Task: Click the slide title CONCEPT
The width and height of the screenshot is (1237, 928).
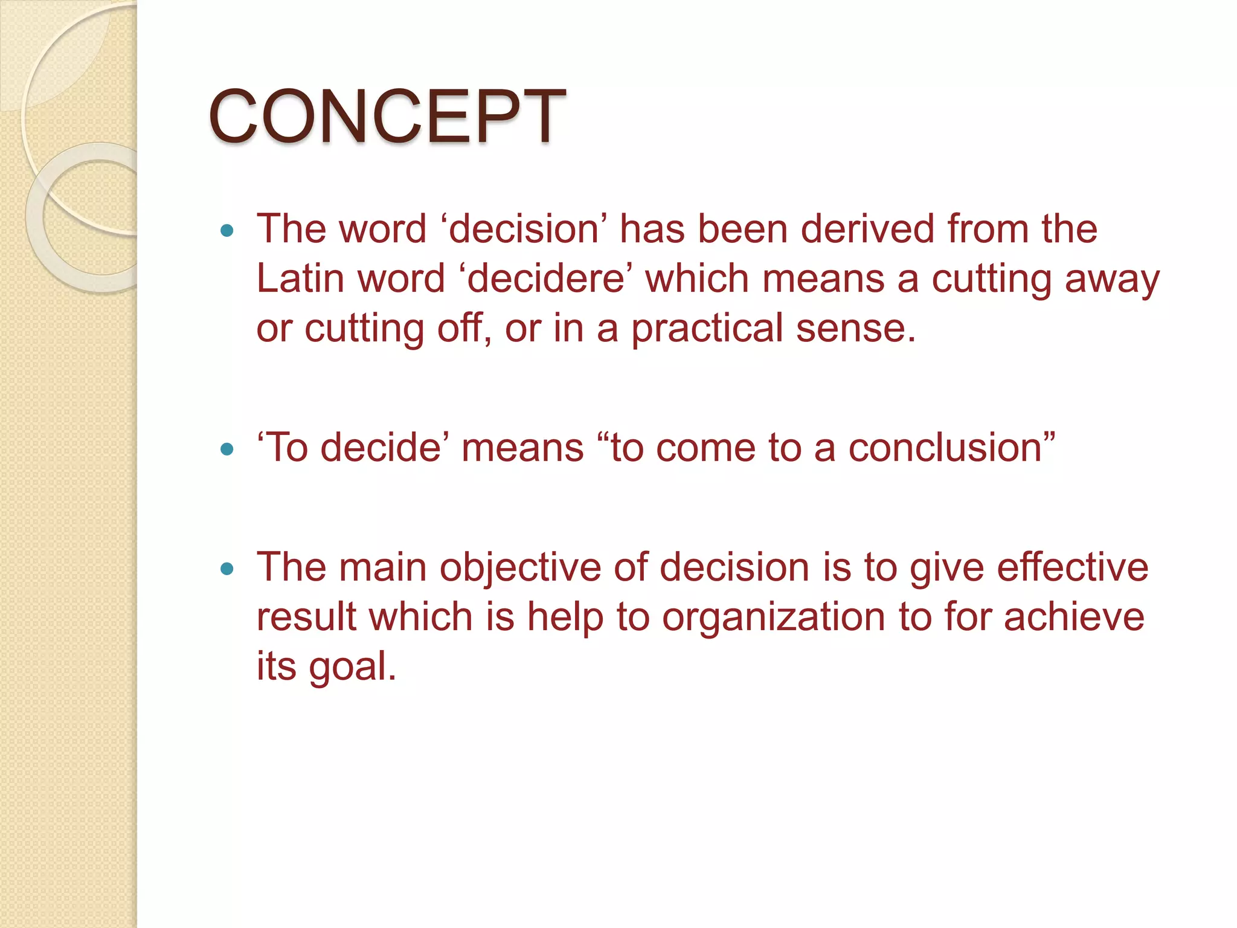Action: tap(387, 116)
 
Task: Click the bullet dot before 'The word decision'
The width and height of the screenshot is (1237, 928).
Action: tap(227, 230)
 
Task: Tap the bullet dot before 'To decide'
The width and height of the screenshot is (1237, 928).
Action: tap(227, 449)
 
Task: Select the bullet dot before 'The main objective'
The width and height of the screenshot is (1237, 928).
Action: tap(227, 569)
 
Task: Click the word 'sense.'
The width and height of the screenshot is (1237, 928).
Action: tap(856, 328)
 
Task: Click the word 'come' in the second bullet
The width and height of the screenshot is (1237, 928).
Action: tap(705, 449)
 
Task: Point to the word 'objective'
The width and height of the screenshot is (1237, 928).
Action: tap(520, 569)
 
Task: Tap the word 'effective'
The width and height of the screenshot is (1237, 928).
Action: tap(1072, 567)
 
